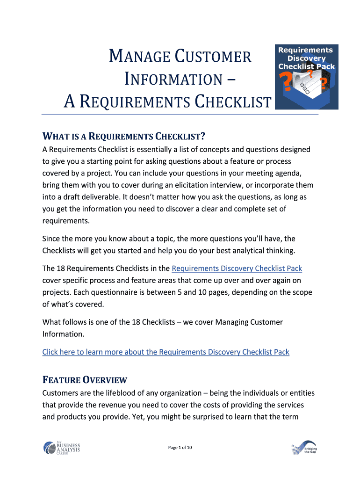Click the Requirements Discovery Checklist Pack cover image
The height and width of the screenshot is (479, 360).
[x=307, y=77]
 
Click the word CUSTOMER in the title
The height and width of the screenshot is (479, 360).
[x=213, y=58]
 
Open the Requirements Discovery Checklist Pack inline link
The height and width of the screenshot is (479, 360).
[x=237, y=269]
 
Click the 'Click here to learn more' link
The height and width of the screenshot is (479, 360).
[x=166, y=352]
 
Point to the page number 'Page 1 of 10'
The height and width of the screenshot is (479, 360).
[x=180, y=448]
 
